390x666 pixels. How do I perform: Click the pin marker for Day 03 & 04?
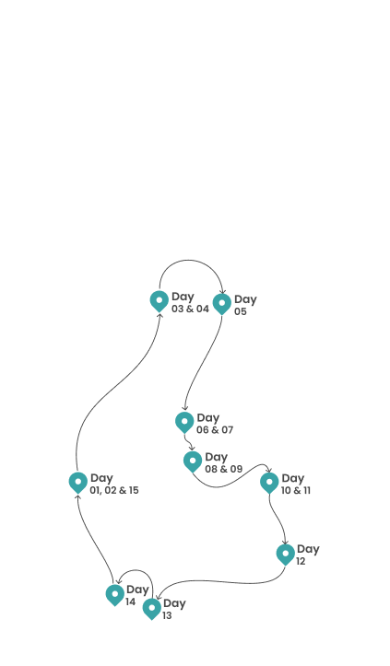pyautogui.click(x=160, y=301)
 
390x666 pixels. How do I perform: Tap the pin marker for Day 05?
pyautogui.click(x=222, y=304)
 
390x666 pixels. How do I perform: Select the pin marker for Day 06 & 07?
pyautogui.click(x=184, y=422)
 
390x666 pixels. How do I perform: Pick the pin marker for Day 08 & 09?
pyautogui.click(x=193, y=462)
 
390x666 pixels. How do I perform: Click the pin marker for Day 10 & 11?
pyautogui.click(x=269, y=483)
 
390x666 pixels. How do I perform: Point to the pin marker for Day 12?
pyautogui.click(x=286, y=554)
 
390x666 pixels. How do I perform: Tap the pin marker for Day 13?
pyautogui.click(x=152, y=608)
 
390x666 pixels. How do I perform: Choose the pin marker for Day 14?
pyautogui.click(x=115, y=595)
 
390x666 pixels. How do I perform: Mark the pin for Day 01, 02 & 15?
pyautogui.click(x=78, y=483)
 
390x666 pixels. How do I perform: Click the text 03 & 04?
pyautogui.click(x=190, y=309)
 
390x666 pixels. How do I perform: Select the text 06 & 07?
pyautogui.click(x=215, y=430)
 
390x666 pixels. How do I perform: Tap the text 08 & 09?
pyautogui.click(x=224, y=469)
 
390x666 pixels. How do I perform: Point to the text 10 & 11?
pyautogui.click(x=296, y=490)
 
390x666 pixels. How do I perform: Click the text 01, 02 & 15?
pyautogui.click(x=114, y=490)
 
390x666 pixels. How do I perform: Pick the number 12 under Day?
pyautogui.click(x=301, y=562)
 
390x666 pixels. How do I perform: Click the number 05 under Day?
pyautogui.click(x=241, y=311)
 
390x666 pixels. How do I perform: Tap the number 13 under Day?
pyautogui.click(x=167, y=615)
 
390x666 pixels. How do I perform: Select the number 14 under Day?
pyautogui.click(x=130, y=602)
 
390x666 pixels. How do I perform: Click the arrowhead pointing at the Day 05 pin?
pyautogui.click(x=222, y=291)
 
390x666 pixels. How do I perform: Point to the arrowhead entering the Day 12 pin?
pyautogui.click(x=286, y=542)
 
